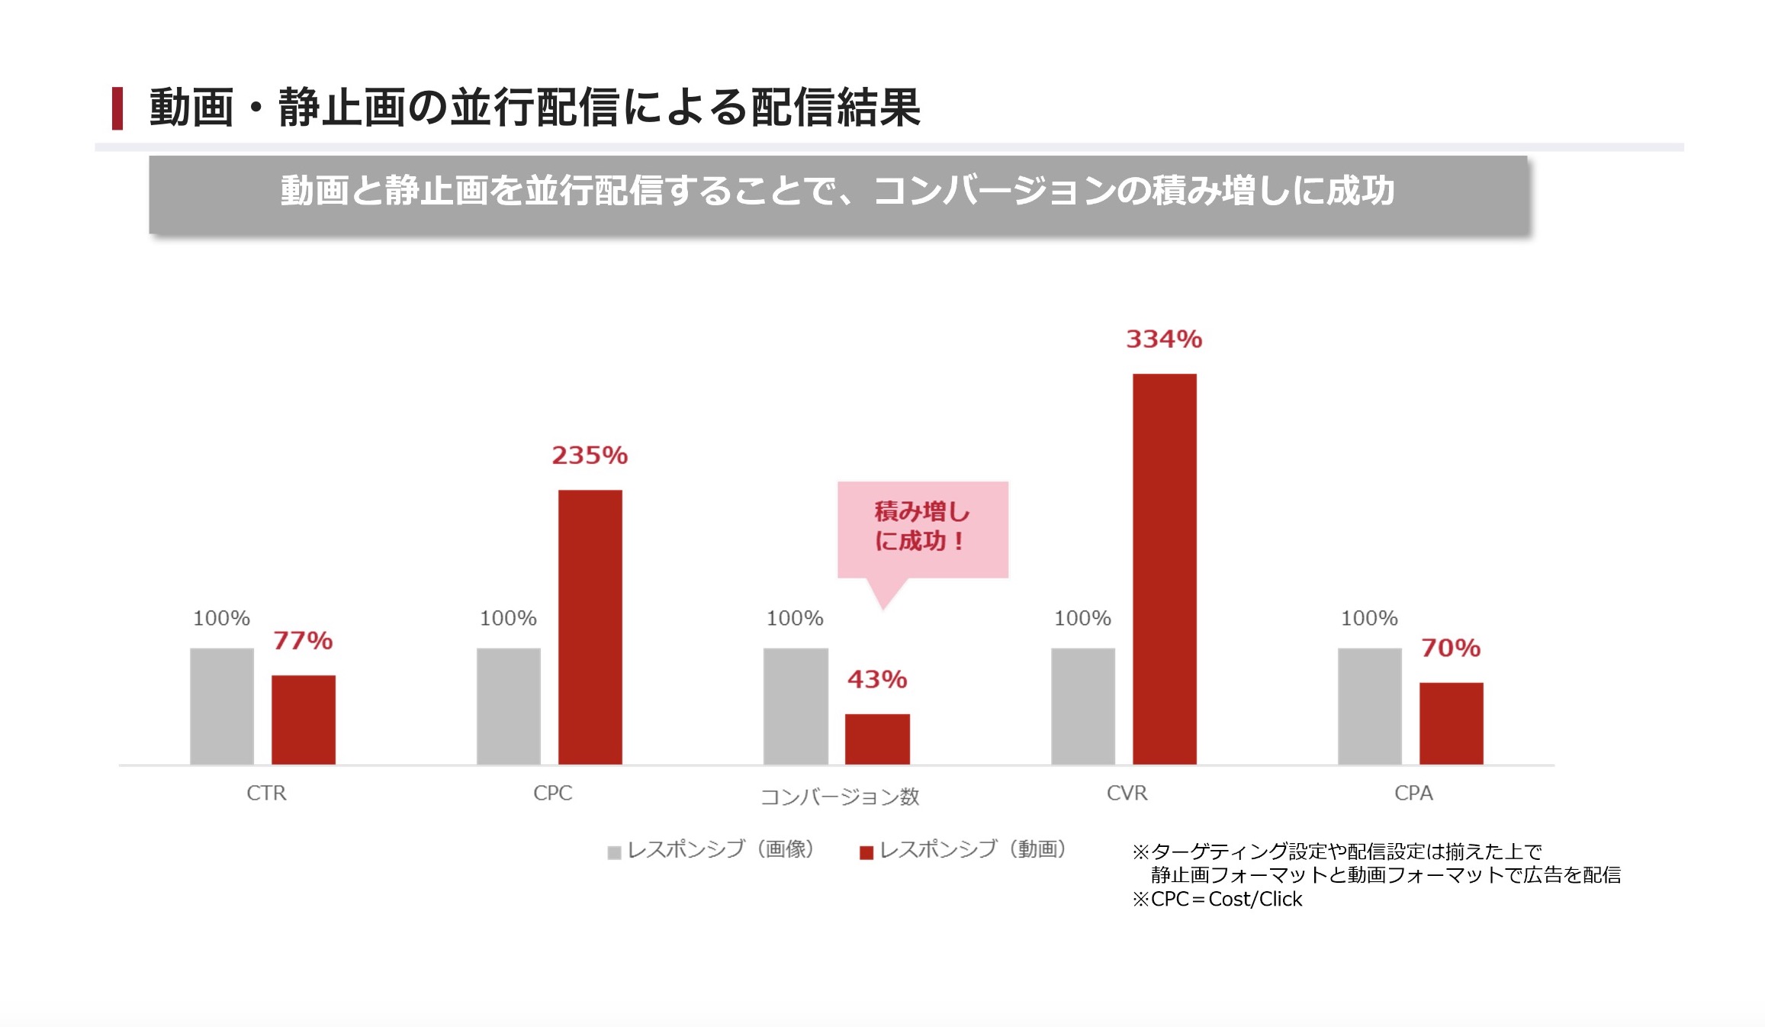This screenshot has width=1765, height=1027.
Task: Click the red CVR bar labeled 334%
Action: click(1164, 568)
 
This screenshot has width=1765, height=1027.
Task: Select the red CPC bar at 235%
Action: click(590, 626)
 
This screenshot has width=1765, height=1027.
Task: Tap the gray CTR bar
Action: click(221, 706)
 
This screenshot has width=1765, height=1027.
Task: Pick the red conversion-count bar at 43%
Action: click(877, 739)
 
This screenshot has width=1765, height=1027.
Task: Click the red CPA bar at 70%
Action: click(1451, 723)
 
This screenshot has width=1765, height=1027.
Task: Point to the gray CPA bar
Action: click(1369, 706)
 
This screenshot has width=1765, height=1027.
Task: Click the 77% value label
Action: click(303, 640)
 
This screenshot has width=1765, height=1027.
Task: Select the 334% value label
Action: click(1164, 339)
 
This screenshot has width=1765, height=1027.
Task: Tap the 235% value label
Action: click(590, 456)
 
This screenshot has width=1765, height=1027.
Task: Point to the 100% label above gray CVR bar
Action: click(1082, 618)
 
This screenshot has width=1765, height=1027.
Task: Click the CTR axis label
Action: click(266, 794)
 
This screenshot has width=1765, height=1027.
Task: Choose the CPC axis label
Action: click(552, 794)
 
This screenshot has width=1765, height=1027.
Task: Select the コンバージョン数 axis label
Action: click(840, 797)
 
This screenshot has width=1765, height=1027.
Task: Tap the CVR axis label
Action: click(1127, 794)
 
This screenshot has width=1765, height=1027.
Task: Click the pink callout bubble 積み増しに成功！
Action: click(922, 528)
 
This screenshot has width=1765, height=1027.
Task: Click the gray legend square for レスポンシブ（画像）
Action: click(614, 852)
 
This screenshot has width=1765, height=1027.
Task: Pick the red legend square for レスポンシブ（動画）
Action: click(866, 852)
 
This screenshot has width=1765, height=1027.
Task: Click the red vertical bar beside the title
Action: click(117, 108)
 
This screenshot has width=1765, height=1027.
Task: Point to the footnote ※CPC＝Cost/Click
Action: click(1217, 900)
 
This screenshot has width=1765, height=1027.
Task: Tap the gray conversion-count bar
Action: click(796, 706)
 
